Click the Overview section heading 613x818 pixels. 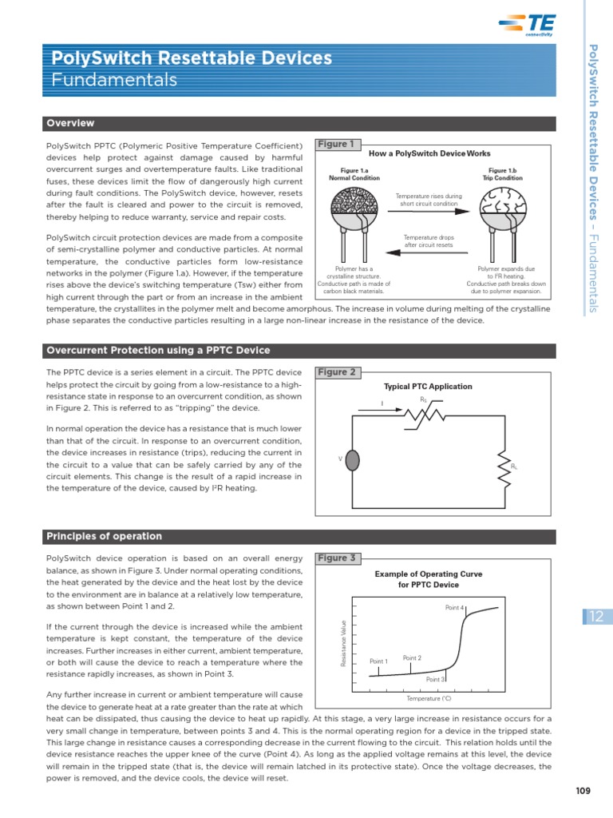pyautogui.click(x=70, y=123)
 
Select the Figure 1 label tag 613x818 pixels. pyautogui.click(x=336, y=145)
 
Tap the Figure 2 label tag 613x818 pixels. pyautogui.click(x=337, y=372)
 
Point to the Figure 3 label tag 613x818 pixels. pyautogui.click(x=337, y=558)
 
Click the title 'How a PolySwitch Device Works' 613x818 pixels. pyautogui.click(x=429, y=153)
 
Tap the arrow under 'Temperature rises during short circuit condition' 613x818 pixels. pyautogui.click(x=428, y=213)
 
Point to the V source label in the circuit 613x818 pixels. pyautogui.click(x=341, y=459)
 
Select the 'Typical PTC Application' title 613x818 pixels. pyautogui.click(x=428, y=387)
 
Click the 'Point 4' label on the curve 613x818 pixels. pyautogui.click(x=455, y=608)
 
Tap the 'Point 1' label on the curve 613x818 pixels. pyautogui.click(x=378, y=661)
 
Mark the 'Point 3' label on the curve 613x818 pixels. pyautogui.click(x=435, y=679)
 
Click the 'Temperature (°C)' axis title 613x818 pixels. pyautogui.click(x=429, y=699)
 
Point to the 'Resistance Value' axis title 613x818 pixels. pyautogui.click(x=344, y=643)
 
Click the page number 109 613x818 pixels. pyautogui.click(x=583, y=792)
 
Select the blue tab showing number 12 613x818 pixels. pyautogui.click(x=596, y=616)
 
